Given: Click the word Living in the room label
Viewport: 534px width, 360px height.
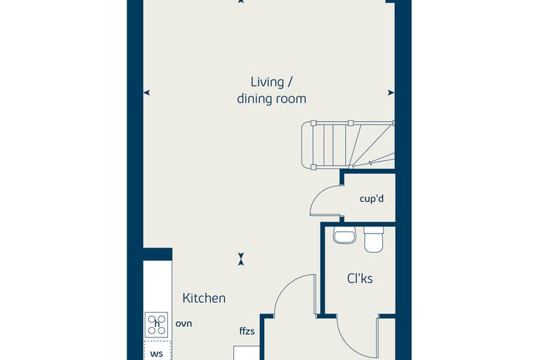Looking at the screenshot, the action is pos(263,82).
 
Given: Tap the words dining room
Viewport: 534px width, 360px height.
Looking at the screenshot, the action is pos(271,99).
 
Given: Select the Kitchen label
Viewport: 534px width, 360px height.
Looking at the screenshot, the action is pos(204,298).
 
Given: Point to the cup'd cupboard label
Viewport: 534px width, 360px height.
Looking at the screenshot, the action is pos(372,198).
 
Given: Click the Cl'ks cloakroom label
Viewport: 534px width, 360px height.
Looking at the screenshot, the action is pos(360,278).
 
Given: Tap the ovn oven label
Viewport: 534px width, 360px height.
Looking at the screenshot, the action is pos(184,323).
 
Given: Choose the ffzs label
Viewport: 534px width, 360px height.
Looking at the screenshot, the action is pos(247,330).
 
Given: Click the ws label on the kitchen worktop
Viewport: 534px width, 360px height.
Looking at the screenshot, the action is pos(156,354).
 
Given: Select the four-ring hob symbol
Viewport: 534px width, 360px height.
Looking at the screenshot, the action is pos(156,325).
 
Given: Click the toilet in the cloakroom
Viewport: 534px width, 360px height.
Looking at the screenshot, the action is pos(374,239).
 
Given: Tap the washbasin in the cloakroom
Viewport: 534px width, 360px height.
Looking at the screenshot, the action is pos(344,235).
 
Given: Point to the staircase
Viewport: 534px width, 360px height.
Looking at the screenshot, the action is pos(348,145).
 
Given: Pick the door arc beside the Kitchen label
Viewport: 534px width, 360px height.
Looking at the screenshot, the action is pos(286,287).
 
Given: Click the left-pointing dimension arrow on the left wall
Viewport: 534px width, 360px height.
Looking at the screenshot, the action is pos(147,92).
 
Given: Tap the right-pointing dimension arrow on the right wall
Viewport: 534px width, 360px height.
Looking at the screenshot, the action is pos(391,92).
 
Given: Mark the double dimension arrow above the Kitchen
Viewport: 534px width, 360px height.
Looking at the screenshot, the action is pos(241,259).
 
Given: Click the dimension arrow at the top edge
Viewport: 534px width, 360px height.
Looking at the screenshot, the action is pos(241,1).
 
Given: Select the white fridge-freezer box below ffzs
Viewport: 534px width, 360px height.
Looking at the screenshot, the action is pos(247,353).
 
